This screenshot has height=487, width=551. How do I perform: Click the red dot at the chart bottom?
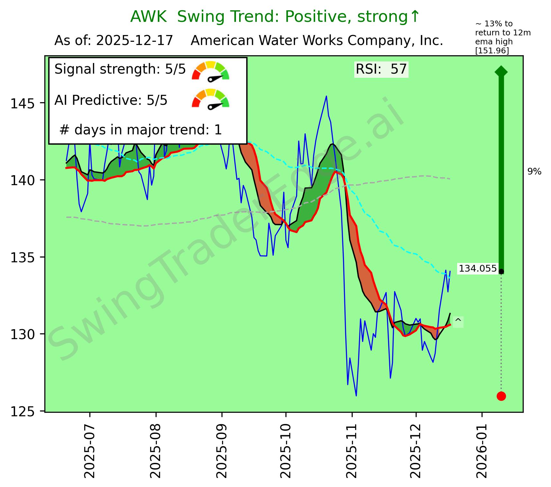(501, 396)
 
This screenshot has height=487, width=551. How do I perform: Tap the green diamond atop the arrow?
(501, 71)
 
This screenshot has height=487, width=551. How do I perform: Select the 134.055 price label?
(477, 268)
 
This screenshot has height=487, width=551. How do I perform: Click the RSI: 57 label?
(381, 69)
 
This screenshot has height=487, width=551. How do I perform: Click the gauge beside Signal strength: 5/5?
(210, 70)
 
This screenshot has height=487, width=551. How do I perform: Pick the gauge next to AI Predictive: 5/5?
(210, 99)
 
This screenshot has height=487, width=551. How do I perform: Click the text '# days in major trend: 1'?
(140, 130)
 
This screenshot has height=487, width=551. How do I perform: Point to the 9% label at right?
(534, 172)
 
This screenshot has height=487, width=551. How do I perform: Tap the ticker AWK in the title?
(148, 17)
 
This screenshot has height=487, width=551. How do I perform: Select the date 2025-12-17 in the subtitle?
(135, 41)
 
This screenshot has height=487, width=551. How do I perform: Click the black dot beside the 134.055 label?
(501, 272)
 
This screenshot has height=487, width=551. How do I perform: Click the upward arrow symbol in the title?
(415, 17)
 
